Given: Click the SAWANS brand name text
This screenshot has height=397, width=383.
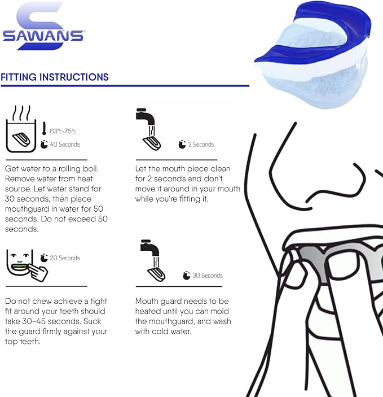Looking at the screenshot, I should pos(43,36).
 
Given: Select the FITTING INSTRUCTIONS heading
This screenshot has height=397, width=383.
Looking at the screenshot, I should pos(55,77).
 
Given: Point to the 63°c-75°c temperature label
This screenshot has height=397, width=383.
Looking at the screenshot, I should pos(63,130).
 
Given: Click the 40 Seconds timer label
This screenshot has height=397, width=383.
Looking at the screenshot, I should pos(65,144).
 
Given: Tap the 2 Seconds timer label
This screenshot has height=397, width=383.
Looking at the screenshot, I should pos(201,144).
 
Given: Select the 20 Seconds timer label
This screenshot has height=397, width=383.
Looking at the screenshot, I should pos(65,258).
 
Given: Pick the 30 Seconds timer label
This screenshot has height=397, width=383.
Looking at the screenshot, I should pos(208,275).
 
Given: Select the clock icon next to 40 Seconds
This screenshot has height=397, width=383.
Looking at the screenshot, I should pos(44,144).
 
